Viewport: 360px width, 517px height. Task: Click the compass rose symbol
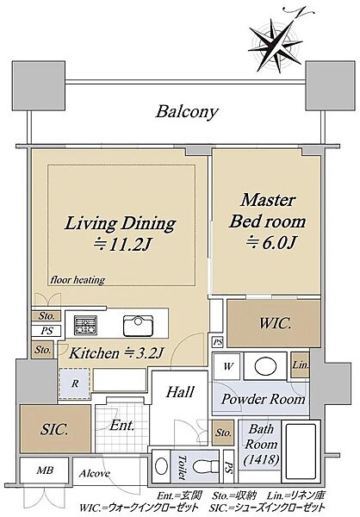276,45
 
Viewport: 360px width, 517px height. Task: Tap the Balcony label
187,112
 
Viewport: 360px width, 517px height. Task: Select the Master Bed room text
267,211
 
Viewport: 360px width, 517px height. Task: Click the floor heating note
78,280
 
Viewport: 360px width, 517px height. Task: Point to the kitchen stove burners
85,326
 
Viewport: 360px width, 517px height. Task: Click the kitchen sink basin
138,326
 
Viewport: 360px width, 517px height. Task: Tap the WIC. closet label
276,323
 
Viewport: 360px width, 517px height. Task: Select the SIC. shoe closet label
54,429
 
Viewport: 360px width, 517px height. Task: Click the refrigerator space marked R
75,383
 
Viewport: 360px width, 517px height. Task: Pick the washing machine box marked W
227,366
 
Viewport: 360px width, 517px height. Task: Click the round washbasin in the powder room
265,366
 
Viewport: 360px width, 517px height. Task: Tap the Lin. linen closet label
301,365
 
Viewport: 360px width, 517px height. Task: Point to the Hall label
180,392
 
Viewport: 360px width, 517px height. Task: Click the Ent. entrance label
122,426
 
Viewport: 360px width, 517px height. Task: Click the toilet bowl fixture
204,467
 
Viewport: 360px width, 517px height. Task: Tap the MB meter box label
45,470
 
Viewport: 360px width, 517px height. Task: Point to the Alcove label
94,473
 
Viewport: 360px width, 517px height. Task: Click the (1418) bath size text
262,459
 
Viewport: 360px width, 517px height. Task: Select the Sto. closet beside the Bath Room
223,433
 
